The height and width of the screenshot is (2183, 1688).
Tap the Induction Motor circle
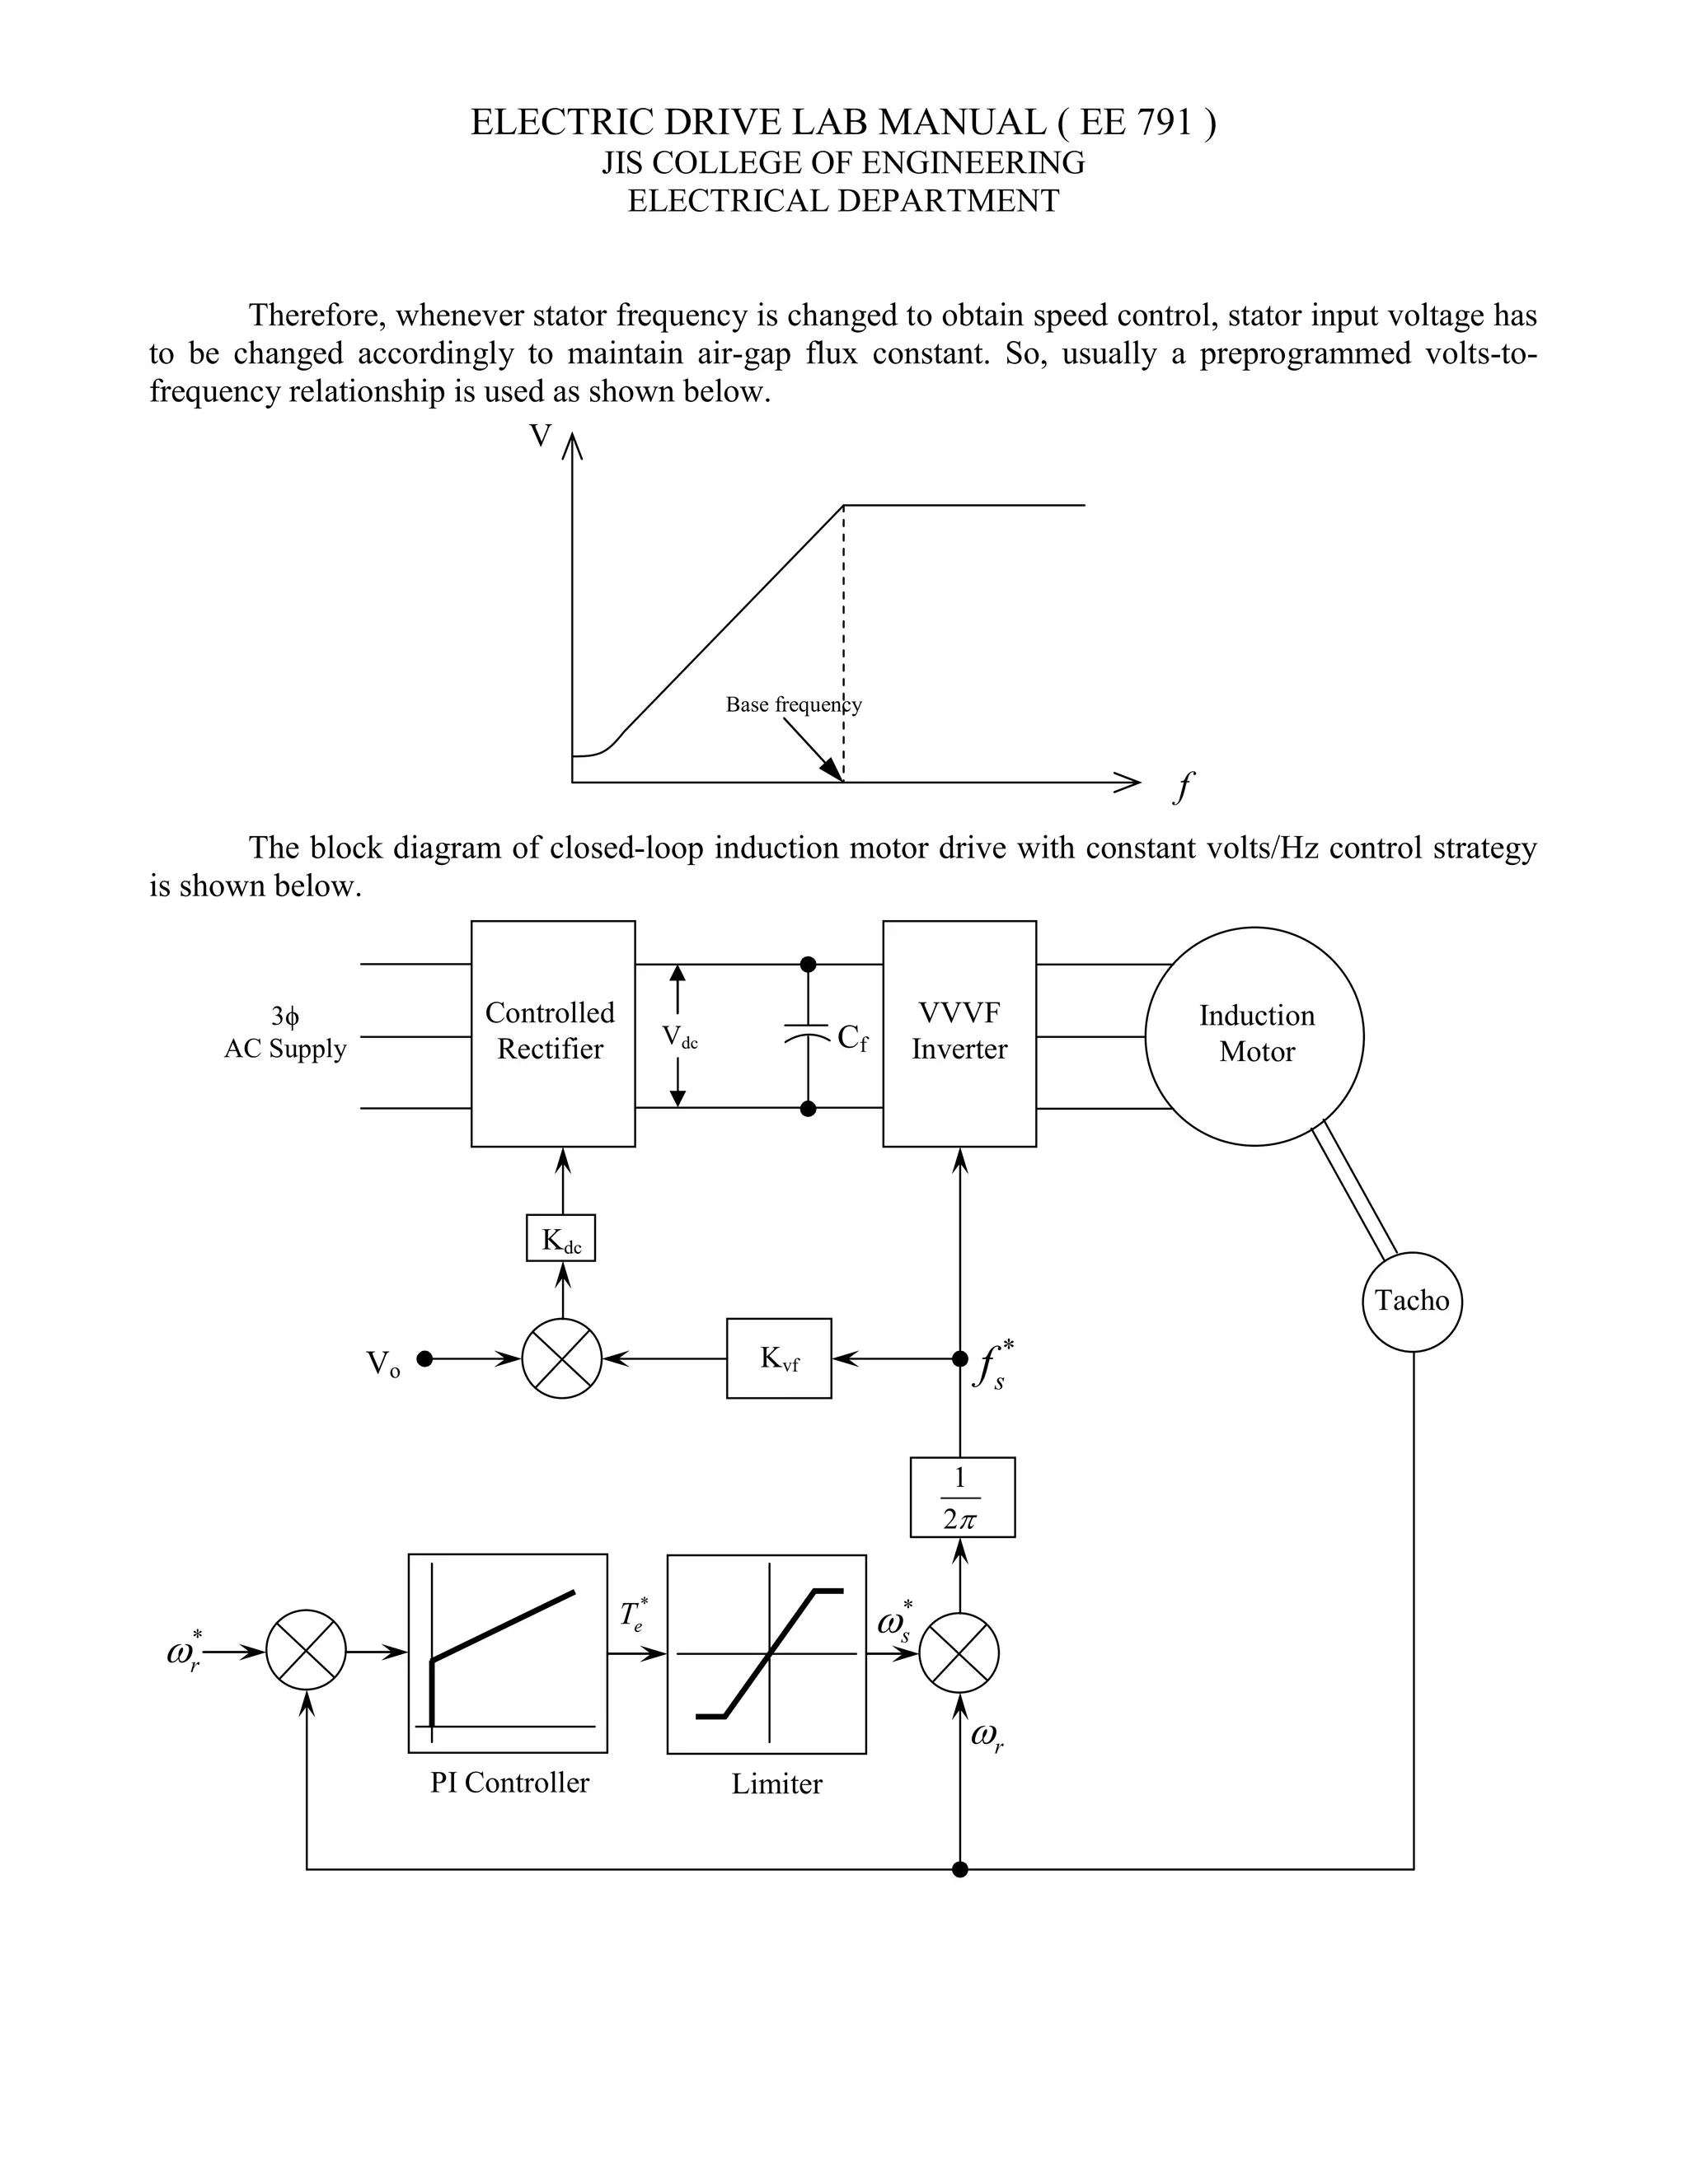[x=1254, y=1035]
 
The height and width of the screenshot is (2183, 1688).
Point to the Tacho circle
[x=1411, y=1302]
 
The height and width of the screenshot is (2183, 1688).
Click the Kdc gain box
[x=561, y=1238]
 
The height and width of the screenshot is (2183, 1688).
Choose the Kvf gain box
[x=779, y=1358]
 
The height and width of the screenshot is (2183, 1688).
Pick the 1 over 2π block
[x=962, y=1498]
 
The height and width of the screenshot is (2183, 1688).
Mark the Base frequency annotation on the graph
[x=793, y=704]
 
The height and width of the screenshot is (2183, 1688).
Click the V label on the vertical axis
[x=540, y=436]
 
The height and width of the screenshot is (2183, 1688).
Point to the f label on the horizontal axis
[x=1183, y=788]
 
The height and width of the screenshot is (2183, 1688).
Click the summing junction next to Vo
[x=562, y=1358]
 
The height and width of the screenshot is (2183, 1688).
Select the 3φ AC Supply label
[x=285, y=1032]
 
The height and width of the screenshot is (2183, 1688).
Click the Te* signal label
[x=633, y=1615]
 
